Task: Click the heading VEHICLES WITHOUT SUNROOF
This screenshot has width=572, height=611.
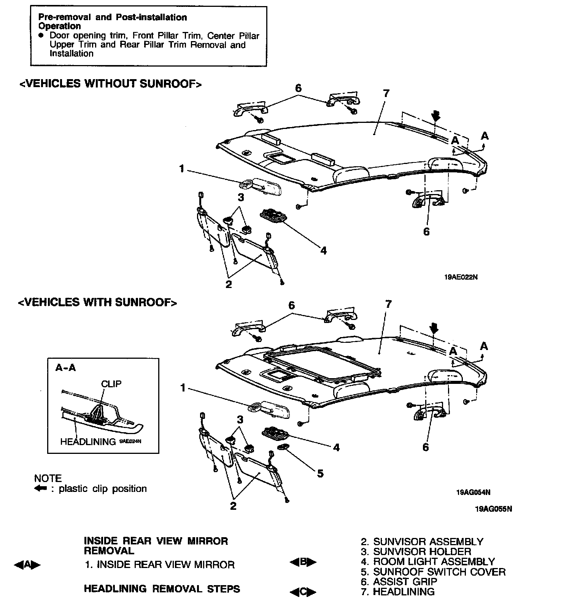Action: [110, 84]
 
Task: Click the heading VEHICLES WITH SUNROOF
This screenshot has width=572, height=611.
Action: [98, 302]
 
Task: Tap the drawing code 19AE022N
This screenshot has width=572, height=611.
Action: [461, 277]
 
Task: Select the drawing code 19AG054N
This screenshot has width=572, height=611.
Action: [473, 492]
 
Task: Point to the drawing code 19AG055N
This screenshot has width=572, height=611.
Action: [493, 509]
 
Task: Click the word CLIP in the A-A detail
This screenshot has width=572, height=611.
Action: [111, 383]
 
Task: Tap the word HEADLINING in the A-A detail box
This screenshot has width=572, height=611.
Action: [88, 442]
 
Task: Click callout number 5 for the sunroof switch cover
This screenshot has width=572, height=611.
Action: [320, 473]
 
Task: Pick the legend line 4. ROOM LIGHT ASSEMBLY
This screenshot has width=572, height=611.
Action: [428, 562]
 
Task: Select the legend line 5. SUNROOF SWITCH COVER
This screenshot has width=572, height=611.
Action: [433, 572]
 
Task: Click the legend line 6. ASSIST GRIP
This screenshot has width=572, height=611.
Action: [399, 582]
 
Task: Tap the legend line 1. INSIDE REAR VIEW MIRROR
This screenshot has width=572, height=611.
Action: [160, 565]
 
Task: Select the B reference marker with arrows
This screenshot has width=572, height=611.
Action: [303, 562]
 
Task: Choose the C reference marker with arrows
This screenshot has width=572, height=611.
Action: [303, 592]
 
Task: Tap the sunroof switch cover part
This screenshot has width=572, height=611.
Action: [284, 447]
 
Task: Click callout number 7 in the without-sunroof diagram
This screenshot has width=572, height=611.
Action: [386, 93]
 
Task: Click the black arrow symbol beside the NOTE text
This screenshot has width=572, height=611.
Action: [40, 488]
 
